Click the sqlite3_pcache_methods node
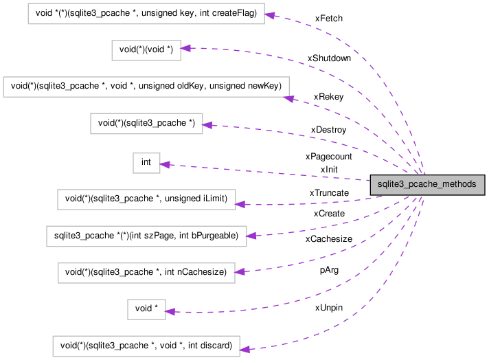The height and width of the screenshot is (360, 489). [427, 184]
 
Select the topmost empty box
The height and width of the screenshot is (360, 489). [146, 14]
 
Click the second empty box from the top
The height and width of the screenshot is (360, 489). [146, 50]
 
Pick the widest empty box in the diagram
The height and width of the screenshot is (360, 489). [146, 87]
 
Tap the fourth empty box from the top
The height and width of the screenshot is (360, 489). [146, 124]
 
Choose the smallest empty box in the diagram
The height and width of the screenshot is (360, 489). [146, 163]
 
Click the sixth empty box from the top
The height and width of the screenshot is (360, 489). [146, 200]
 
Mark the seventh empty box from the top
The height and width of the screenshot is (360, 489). [146, 236]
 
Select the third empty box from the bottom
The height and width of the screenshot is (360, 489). [146, 273]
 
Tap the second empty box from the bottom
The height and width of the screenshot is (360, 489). [146, 310]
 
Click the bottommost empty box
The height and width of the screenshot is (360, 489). [146, 346]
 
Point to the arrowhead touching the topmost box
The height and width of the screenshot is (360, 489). [270, 15]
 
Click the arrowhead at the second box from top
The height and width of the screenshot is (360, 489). [186, 48]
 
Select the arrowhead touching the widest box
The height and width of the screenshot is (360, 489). [289, 99]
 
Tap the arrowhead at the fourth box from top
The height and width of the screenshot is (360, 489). [208, 125]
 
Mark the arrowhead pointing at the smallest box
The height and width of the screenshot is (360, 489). [165, 164]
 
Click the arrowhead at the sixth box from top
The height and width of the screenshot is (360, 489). [240, 204]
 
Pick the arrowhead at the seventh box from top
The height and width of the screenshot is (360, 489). [251, 236]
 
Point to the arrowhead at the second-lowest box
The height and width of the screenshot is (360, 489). [170, 312]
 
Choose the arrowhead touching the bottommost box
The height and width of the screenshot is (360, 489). [245, 350]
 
